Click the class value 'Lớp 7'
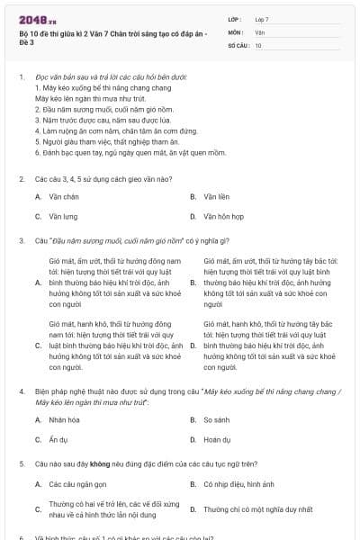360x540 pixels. tap(261, 18)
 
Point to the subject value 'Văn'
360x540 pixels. tap(259, 31)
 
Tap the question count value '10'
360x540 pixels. tap(258, 44)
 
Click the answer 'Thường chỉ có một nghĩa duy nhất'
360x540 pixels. tap(257, 508)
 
